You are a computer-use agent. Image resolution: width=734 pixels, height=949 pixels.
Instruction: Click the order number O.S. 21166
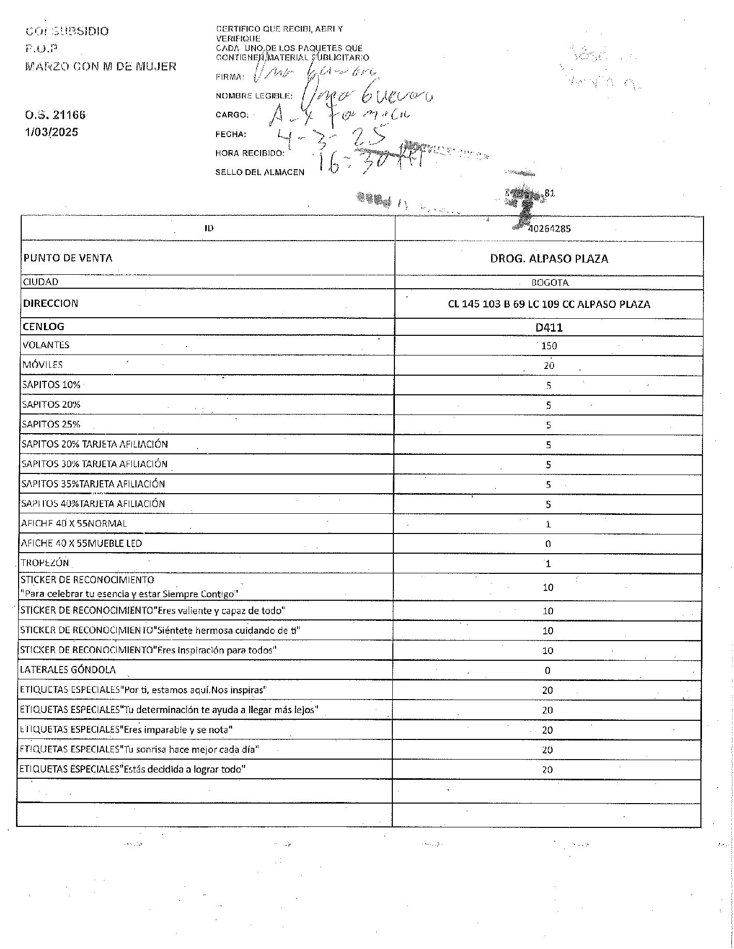[x=55, y=115]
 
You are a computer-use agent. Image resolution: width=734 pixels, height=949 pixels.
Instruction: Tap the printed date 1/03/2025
[x=52, y=132]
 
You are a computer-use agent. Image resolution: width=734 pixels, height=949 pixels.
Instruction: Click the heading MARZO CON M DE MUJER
[x=101, y=67]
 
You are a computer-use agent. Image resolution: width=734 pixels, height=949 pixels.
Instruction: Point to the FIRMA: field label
[x=230, y=77]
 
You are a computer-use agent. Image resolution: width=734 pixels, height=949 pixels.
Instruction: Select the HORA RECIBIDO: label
[x=250, y=153]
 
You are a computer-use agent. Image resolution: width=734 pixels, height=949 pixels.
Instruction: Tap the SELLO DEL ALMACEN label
[x=259, y=172]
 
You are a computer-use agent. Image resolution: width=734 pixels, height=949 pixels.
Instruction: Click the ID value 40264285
[x=549, y=228]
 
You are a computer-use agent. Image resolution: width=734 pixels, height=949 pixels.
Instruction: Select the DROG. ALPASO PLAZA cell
[x=549, y=259]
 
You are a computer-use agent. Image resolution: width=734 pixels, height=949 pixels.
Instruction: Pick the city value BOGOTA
[x=549, y=283]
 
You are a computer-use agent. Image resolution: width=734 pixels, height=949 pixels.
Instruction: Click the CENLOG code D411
[x=549, y=328]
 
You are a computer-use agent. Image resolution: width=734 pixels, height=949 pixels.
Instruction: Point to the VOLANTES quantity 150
[x=549, y=346]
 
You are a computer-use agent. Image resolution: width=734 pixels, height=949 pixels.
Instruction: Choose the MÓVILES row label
[x=42, y=365]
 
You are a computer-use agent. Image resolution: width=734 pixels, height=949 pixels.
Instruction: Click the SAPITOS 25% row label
[x=51, y=424]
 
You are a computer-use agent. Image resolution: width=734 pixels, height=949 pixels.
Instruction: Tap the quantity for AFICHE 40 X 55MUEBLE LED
[x=548, y=544]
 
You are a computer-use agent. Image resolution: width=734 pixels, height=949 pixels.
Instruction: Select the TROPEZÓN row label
[x=45, y=563]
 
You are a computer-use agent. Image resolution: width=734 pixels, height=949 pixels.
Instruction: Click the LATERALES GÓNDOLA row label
[x=68, y=670]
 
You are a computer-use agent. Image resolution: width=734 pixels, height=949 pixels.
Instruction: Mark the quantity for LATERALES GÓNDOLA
[x=548, y=671]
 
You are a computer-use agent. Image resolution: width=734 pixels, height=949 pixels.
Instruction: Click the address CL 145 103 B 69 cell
[x=549, y=304]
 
